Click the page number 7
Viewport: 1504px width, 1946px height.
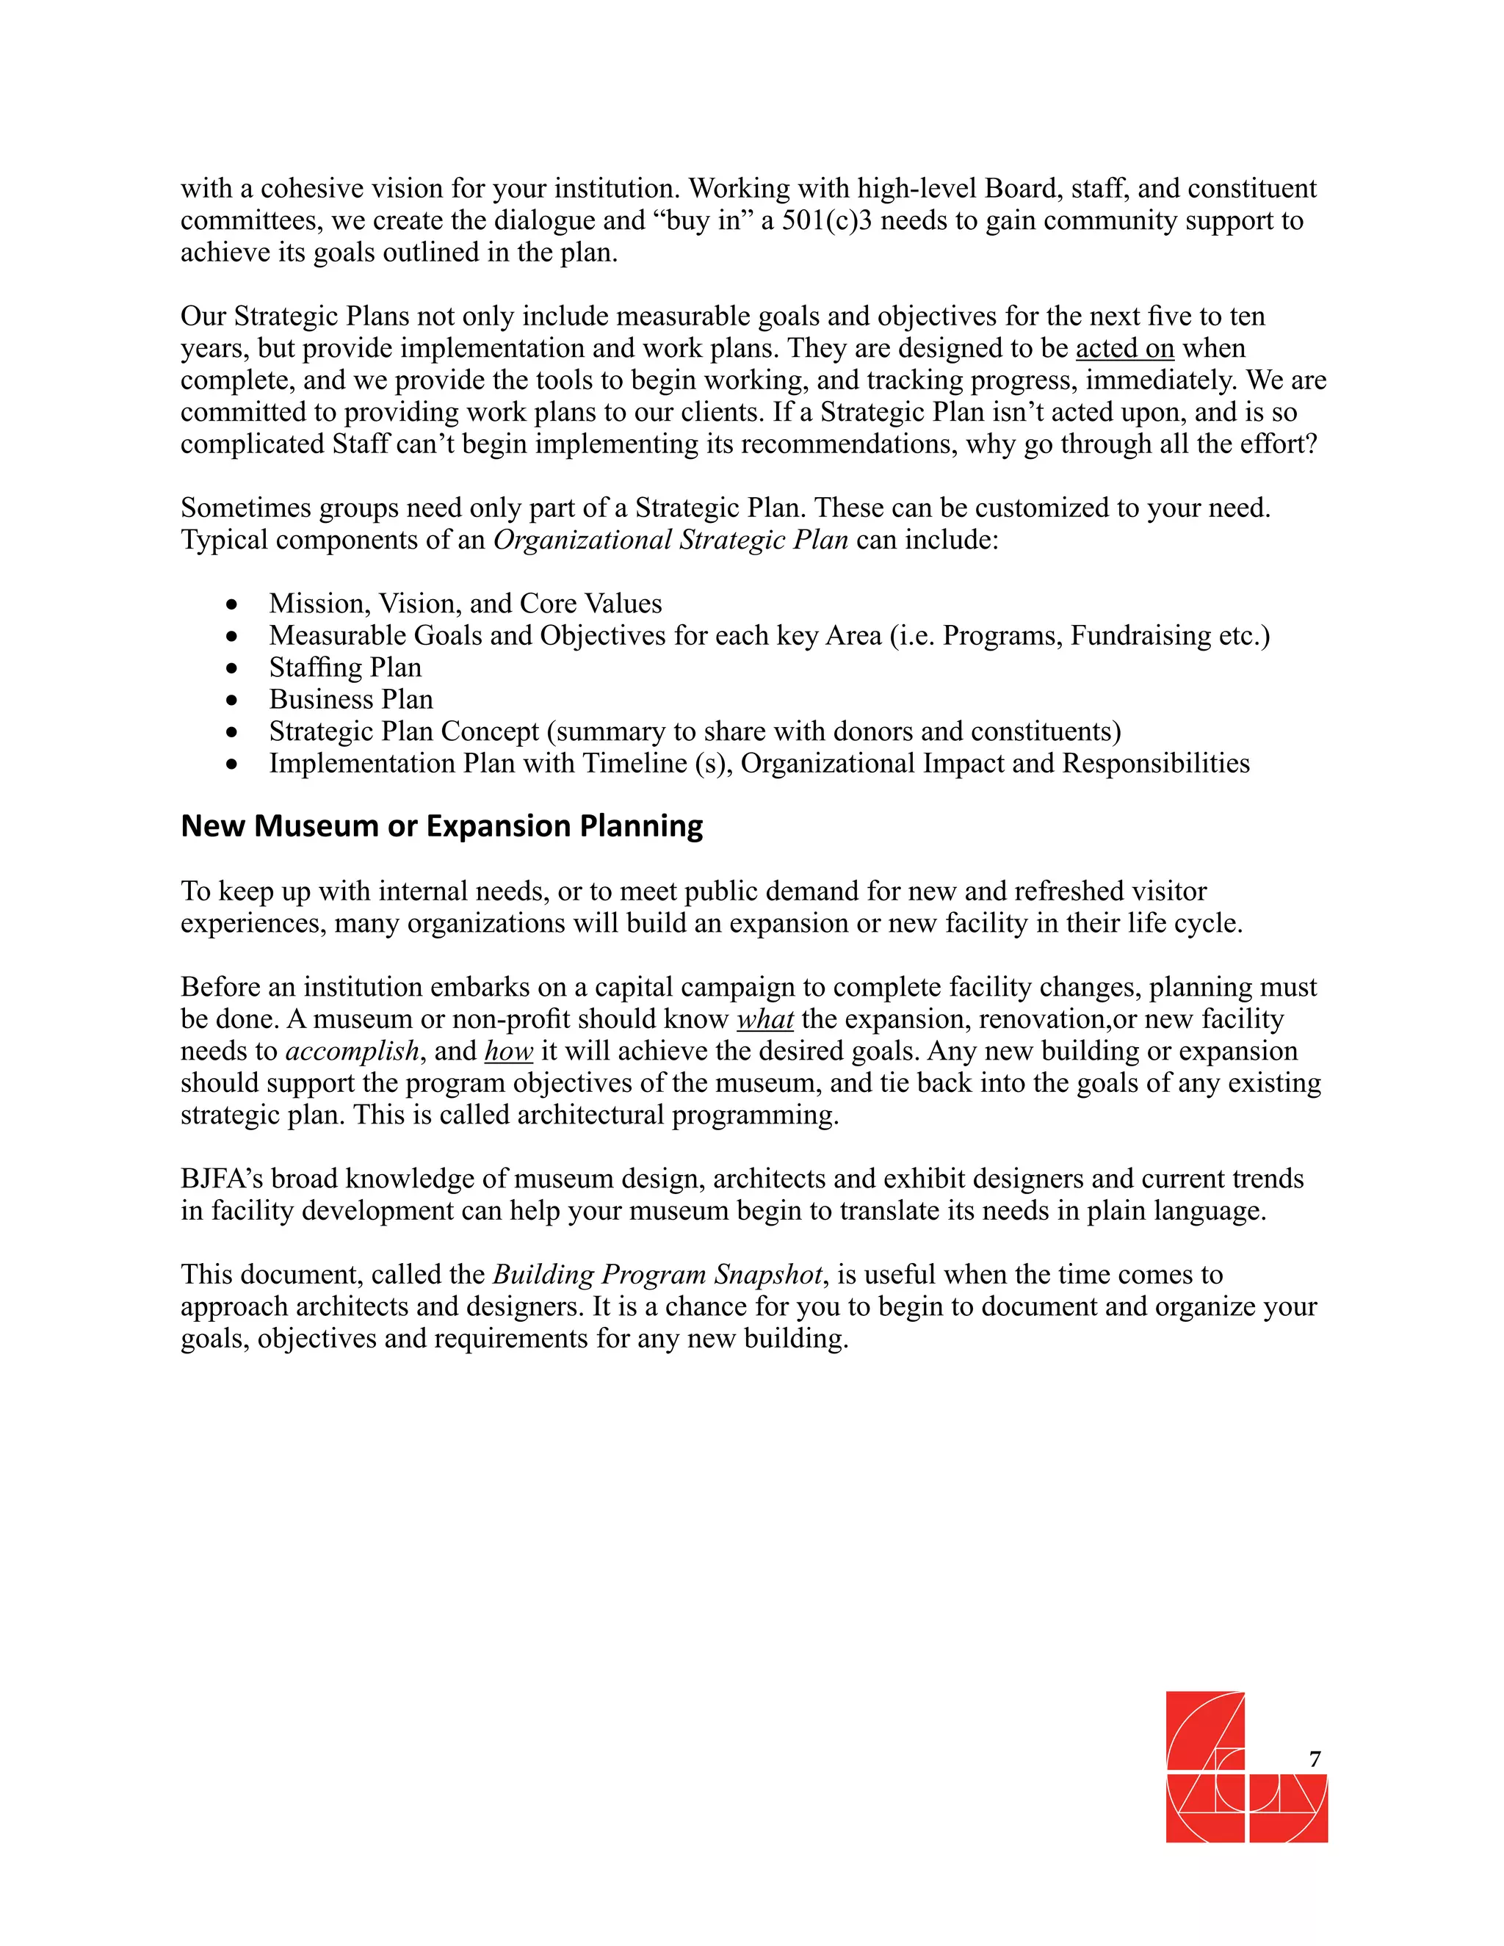(x=1315, y=1759)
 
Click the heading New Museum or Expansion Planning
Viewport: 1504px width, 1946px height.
(x=442, y=826)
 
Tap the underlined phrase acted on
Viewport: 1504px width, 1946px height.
(x=1124, y=348)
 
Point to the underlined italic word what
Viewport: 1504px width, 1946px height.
(x=765, y=1019)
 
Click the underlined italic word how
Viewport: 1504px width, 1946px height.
(x=509, y=1052)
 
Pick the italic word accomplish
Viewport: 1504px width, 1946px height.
(x=352, y=1052)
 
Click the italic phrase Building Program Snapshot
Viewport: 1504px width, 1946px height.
(x=657, y=1275)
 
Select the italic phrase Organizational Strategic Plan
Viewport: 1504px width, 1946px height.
(x=670, y=540)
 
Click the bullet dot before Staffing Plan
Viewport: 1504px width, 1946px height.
(x=233, y=668)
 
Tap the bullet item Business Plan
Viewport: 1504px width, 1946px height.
(x=351, y=699)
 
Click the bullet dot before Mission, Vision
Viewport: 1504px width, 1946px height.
(x=233, y=605)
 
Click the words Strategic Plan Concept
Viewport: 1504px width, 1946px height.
(x=404, y=731)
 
